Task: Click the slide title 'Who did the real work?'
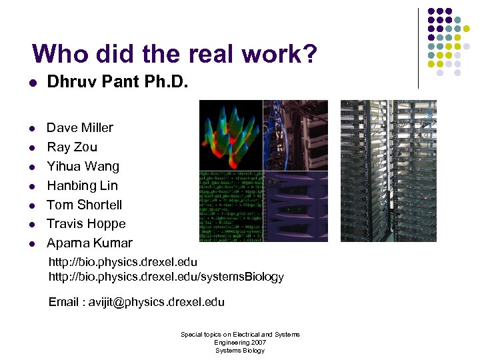[x=174, y=54]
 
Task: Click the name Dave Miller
[x=80, y=127]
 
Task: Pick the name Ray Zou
[x=72, y=147]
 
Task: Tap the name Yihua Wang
[x=83, y=166]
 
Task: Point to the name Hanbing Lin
[x=82, y=185]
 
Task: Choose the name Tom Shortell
[x=85, y=205]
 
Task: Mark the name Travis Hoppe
[x=86, y=224]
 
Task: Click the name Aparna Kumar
[x=89, y=243]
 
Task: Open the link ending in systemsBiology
[x=166, y=277]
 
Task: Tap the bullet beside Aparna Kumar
[x=31, y=244]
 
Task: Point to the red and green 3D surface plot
[x=231, y=135]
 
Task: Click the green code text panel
[x=231, y=207]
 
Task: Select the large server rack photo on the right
[x=388, y=171]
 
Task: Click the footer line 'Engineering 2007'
[x=240, y=342]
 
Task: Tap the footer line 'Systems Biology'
[x=240, y=350]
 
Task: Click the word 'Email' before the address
[x=64, y=302]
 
